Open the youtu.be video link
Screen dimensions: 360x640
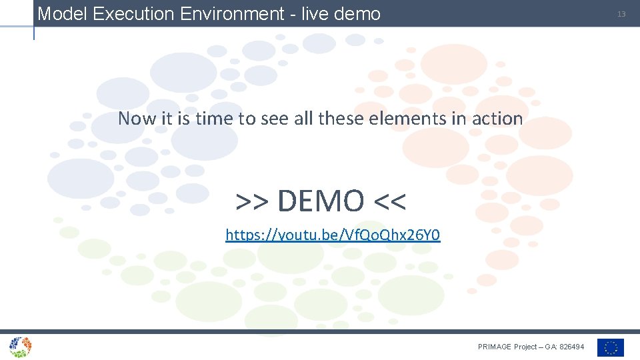coord(333,235)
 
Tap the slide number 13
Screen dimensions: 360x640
coord(621,14)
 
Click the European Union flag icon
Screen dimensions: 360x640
coord(610,347)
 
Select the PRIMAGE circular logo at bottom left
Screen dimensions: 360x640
coord(20,347)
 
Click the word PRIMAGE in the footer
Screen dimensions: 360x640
coord(495,347)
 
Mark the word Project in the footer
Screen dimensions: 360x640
coord(525,347)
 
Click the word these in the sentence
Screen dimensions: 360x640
coord(340,119)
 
